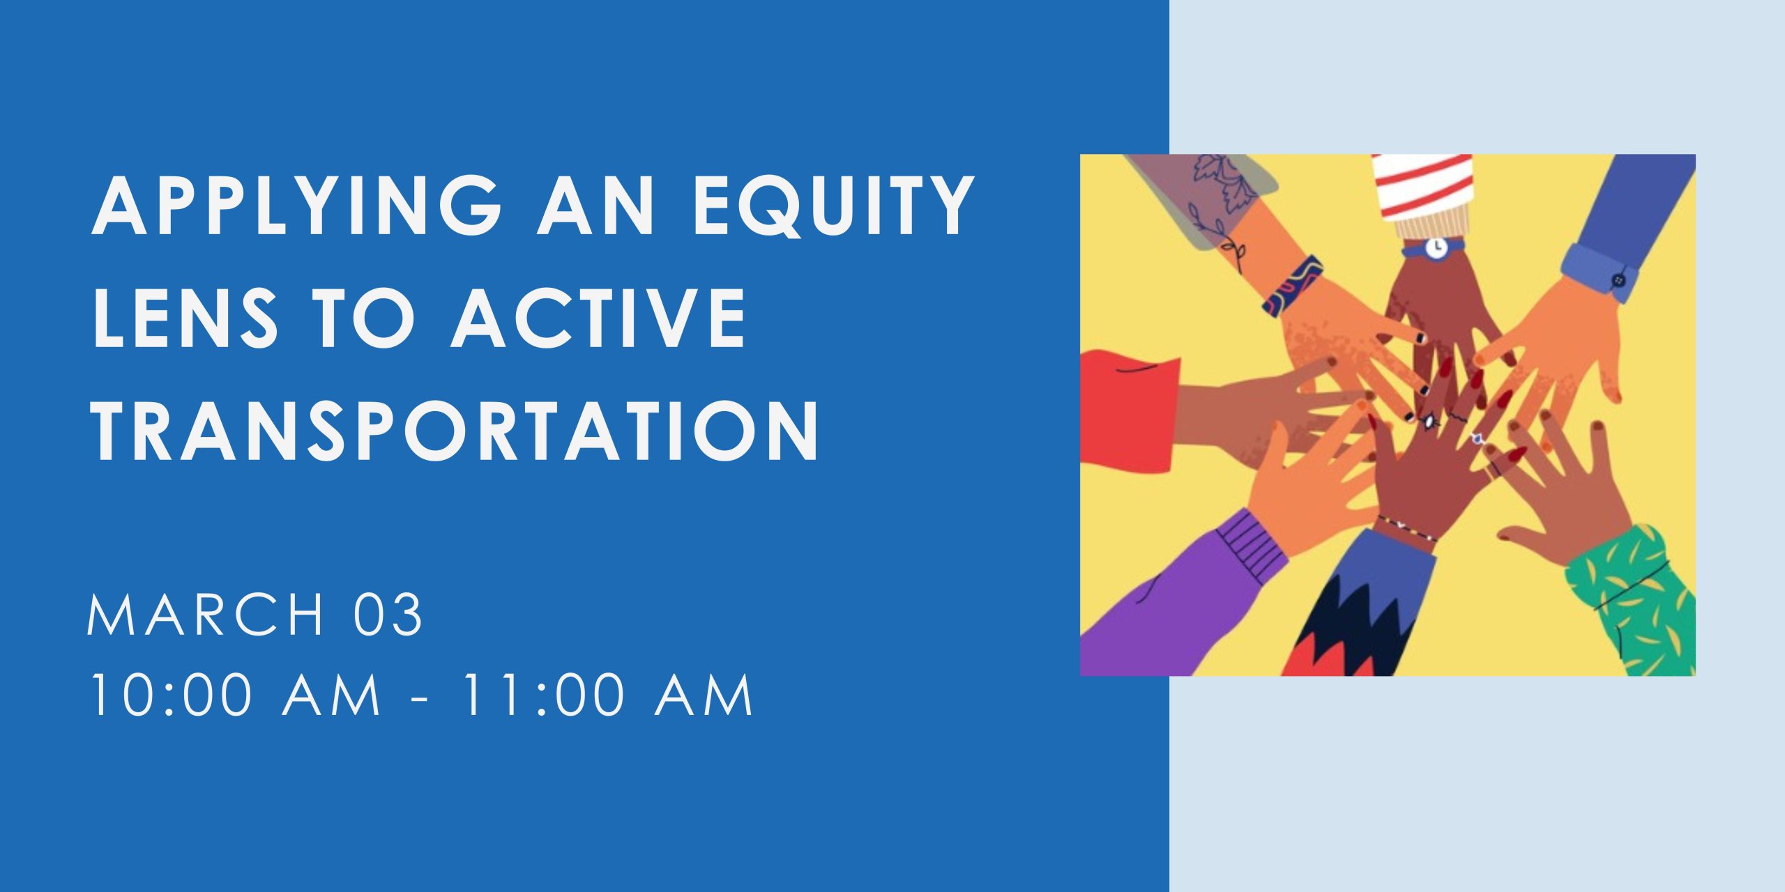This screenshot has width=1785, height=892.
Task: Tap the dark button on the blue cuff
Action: pyautogui.click(x=1619, y=280)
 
